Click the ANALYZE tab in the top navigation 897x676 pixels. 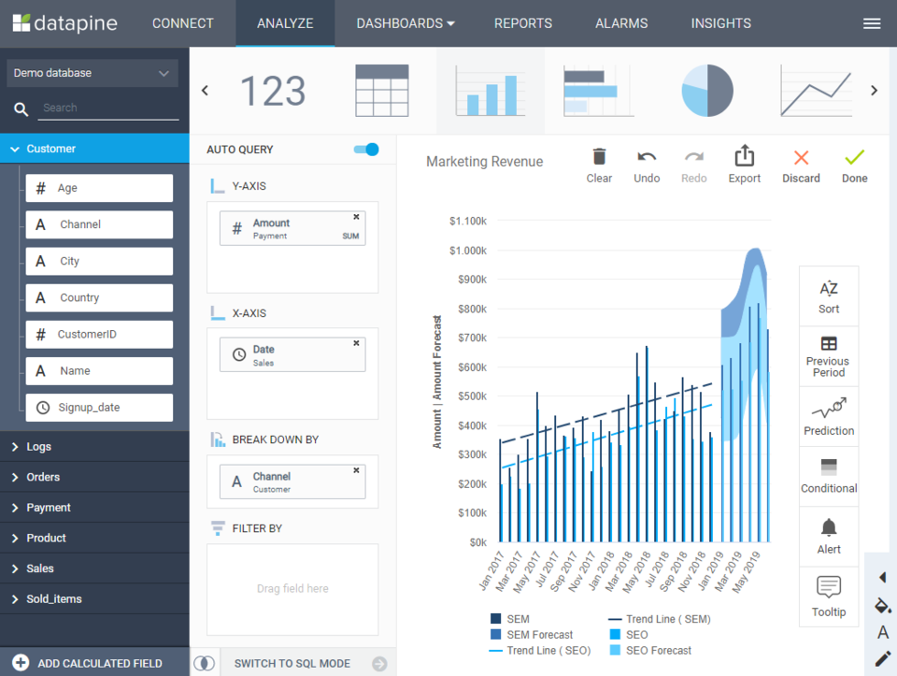click(x=285, y=23)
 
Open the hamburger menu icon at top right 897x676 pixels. click(x=872, y=24)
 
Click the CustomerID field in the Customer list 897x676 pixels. click(x=99, y=334)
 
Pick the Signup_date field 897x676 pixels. click(x=99, y=408)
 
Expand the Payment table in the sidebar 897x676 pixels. click(x=49, y=508)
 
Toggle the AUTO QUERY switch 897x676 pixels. click(x=366, y=150)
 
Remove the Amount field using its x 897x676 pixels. click(x=356, y=217)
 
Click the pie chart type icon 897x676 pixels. click(x=707, y=91)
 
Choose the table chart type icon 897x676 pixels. click(x=381, y=91)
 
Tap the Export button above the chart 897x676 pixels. click(x=745, y=165)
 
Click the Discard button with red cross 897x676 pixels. click(x=801, y=165)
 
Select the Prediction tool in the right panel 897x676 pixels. click(x=829, y=417)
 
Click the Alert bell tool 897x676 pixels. click(x=829, y=536)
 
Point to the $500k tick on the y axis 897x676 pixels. click(x=467, y=396)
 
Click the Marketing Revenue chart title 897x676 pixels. click(x=484, y=162)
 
